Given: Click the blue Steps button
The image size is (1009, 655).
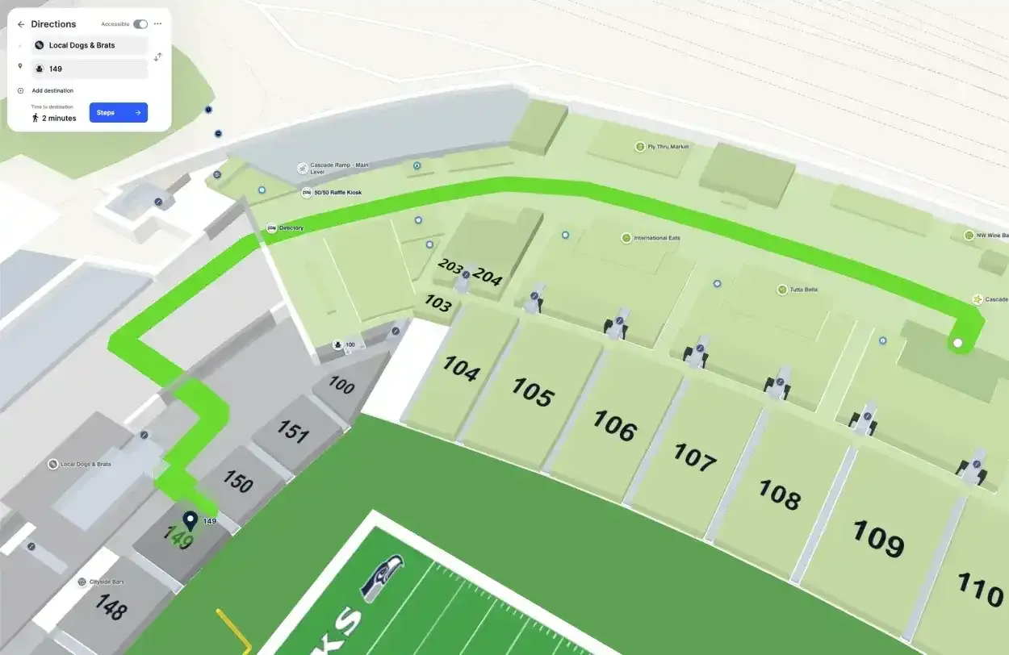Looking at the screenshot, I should pos(118,113).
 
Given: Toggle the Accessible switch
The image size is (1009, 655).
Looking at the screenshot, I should pos(140,24).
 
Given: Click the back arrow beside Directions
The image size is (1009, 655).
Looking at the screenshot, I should pos(21,24).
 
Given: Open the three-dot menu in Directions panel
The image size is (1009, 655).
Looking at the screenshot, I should pos(157,24).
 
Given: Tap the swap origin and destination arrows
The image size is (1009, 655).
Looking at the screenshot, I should pos(159,56).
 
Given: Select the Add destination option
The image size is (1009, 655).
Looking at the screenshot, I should pos(52,90).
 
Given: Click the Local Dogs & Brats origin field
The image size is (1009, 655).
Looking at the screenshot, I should pos(89,45).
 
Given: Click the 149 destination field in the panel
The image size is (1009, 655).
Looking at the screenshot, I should pos(89,69).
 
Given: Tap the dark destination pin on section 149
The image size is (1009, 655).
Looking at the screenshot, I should pos(190,520).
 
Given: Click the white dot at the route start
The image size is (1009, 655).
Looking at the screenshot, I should pos(958,344).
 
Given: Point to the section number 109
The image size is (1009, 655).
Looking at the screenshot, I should pos(877,538).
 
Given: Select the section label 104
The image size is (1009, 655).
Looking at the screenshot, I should pos(461,369).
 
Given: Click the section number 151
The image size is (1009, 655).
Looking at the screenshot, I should pos(293,432).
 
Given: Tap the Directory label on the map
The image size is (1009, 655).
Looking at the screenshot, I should pos(291,228).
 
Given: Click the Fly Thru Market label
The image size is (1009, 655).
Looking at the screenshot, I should pos(668,147).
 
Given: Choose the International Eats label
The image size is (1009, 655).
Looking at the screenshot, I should pos(661,238).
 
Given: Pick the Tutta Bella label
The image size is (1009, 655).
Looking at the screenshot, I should pos(802,290).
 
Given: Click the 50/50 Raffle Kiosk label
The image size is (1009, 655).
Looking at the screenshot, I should pos(337,193).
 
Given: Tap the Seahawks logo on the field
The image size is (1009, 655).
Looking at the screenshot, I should pos(383,578).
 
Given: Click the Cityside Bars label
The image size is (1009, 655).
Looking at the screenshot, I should pos(106,582).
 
